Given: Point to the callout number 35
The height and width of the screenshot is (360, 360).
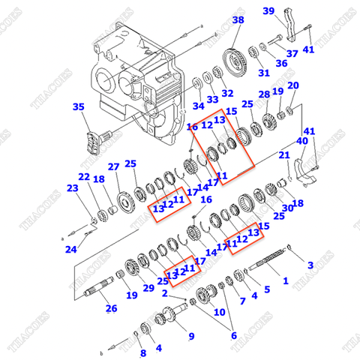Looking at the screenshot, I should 79,107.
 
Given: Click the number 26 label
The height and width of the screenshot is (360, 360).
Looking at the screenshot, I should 111,307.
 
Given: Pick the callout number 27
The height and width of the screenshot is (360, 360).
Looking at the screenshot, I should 113,166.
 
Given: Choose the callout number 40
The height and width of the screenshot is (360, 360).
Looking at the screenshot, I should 301,140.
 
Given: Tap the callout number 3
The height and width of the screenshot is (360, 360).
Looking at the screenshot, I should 310,265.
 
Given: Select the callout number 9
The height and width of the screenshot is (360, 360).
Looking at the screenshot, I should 190,335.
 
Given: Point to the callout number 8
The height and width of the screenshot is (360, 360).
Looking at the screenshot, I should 143,352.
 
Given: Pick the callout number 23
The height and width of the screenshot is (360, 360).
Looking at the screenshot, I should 72,188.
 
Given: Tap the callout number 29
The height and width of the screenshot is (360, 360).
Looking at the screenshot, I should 148,288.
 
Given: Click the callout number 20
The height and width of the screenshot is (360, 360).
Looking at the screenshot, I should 293,85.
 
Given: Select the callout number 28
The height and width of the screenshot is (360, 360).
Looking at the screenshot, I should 263,94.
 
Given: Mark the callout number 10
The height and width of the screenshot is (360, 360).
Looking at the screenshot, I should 220,311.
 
